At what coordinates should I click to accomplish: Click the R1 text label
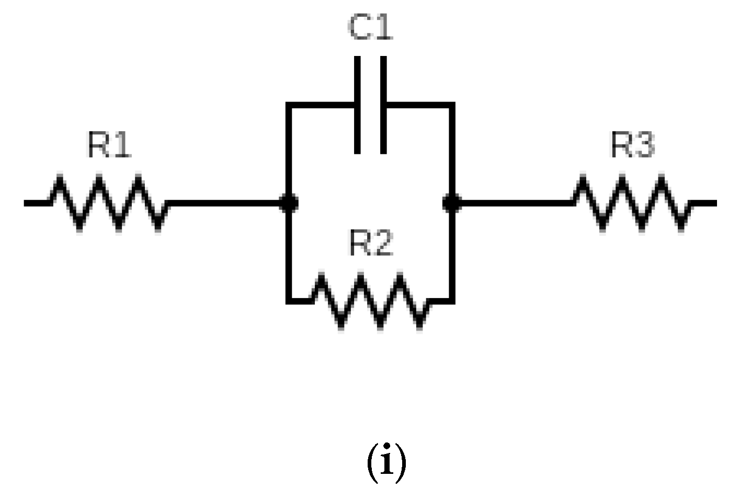(x=109, y=145)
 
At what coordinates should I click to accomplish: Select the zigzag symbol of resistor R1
(x=109, y=203)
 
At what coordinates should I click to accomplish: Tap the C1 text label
(x=370, y=28)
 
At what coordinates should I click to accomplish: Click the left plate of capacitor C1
(x=358, y=105)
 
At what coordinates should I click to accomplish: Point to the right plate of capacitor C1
(x=383, y=105)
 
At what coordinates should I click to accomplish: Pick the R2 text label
(x=370, y=243)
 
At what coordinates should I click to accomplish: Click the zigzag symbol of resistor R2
(x=371, y=301)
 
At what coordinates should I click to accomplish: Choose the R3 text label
(x=633, y=145)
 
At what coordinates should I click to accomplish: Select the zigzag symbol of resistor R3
(x=633, y=203)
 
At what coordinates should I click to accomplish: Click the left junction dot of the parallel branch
(x=289, y=203)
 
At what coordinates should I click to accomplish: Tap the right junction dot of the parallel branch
(x=452, y=203)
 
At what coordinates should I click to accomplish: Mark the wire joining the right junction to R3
(x=513, y=203)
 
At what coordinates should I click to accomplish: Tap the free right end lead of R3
(x=704, y=203)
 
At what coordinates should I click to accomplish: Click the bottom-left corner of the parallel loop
(x=289, y=301)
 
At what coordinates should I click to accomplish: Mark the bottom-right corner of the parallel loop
(x=452, y=301)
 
